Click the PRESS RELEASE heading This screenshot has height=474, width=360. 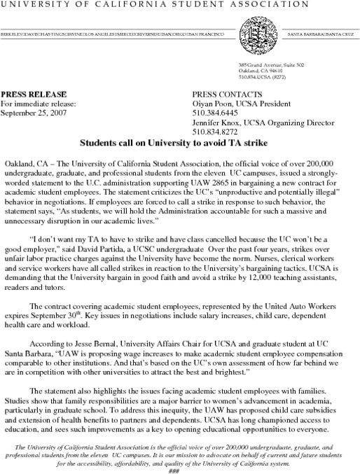[x=34, y=94]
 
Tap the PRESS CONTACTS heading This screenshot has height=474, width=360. [x=226, y=94]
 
